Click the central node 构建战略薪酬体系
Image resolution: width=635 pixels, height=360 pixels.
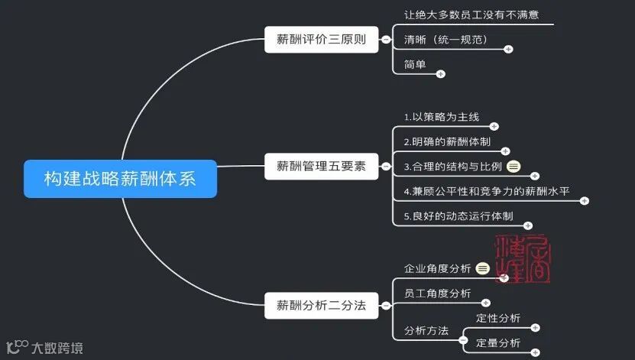(120, 179)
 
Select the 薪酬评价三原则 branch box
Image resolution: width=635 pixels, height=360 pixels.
(321, 40)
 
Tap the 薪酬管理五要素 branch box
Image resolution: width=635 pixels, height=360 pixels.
(321, 166)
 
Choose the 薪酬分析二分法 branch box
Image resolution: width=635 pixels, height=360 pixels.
(321, 306)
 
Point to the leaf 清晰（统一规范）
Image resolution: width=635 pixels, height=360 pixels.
(445, 40)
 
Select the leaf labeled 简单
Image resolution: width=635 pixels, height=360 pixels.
(415, 64)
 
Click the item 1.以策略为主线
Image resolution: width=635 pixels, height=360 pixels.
(441, 117)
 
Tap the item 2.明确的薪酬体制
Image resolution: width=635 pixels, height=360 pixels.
(447, 141)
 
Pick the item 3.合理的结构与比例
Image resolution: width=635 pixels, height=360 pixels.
(452, 167)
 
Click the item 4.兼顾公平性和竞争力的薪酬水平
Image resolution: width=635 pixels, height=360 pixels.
(486, 191)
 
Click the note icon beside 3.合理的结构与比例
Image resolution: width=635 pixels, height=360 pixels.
(514, 167)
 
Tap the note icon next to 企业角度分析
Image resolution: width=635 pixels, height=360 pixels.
(482, 268)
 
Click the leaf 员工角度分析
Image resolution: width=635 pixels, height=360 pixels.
(437, 294)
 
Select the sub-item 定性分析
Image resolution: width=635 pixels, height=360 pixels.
(498, 318)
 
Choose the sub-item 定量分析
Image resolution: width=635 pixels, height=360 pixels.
(498, 342)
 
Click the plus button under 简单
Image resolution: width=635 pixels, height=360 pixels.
(440, 74)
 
